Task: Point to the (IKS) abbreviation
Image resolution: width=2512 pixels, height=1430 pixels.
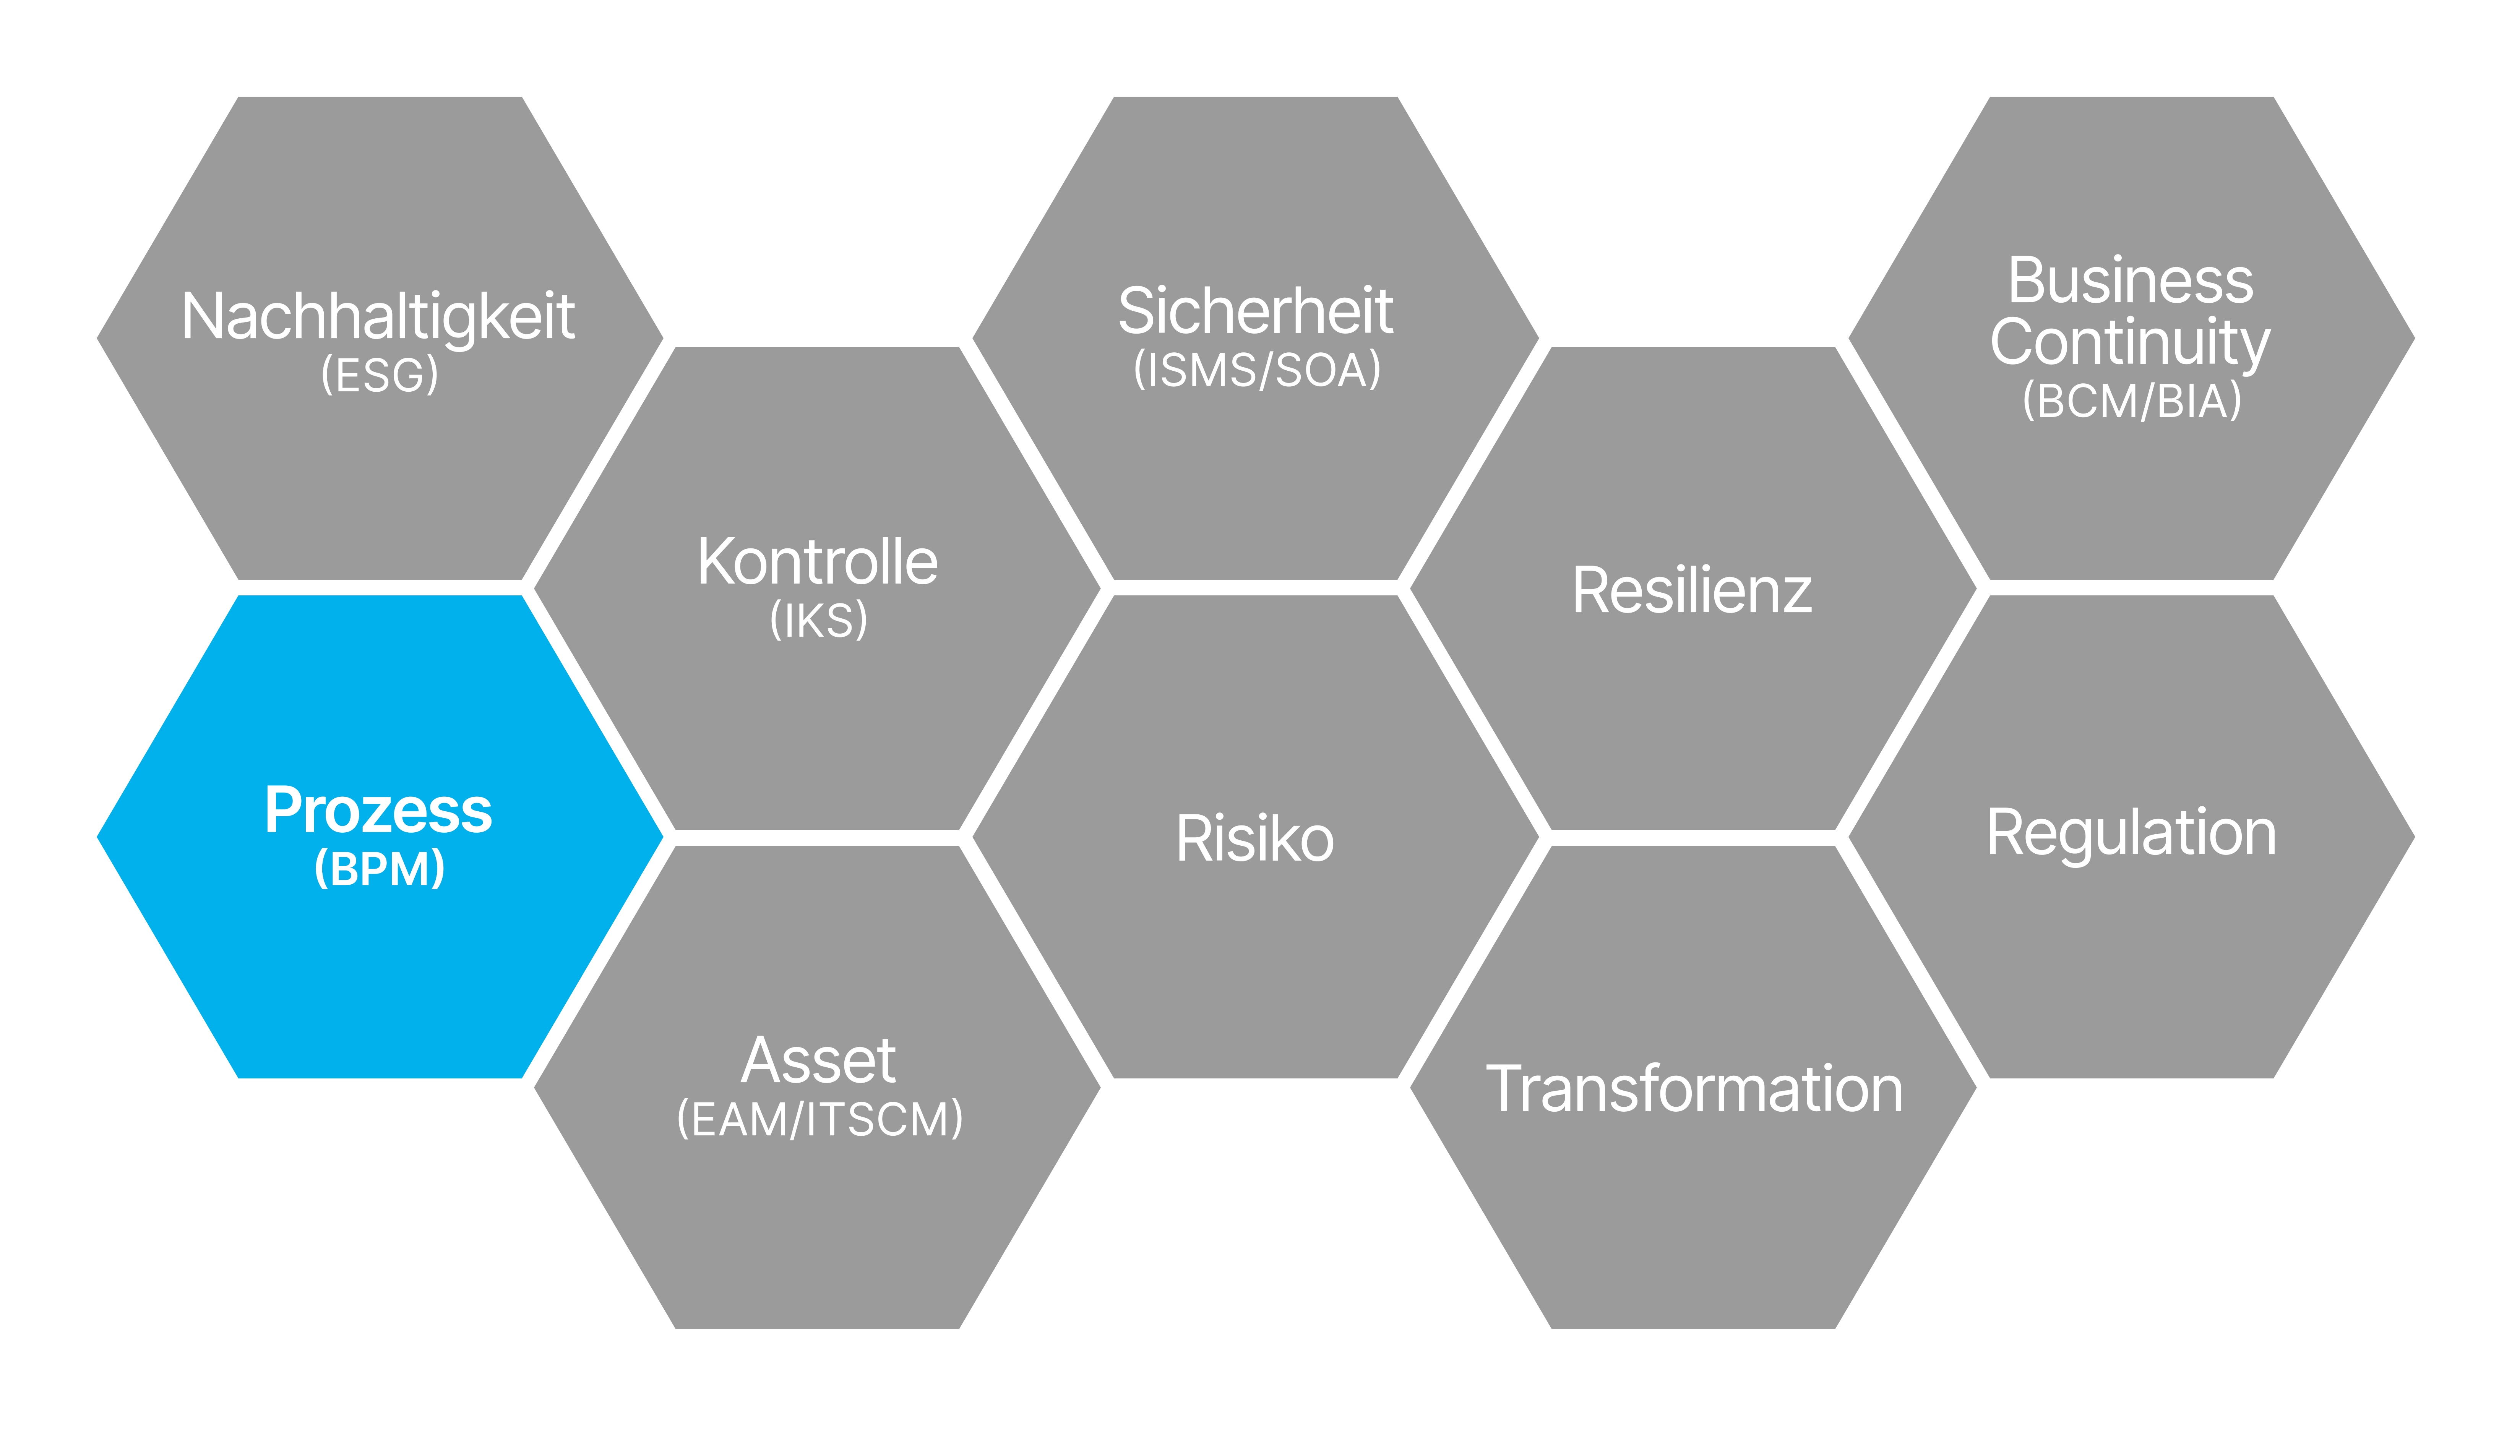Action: click(x=819, y=620)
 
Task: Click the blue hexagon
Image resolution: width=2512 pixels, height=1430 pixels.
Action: click(x=380, y=837)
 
